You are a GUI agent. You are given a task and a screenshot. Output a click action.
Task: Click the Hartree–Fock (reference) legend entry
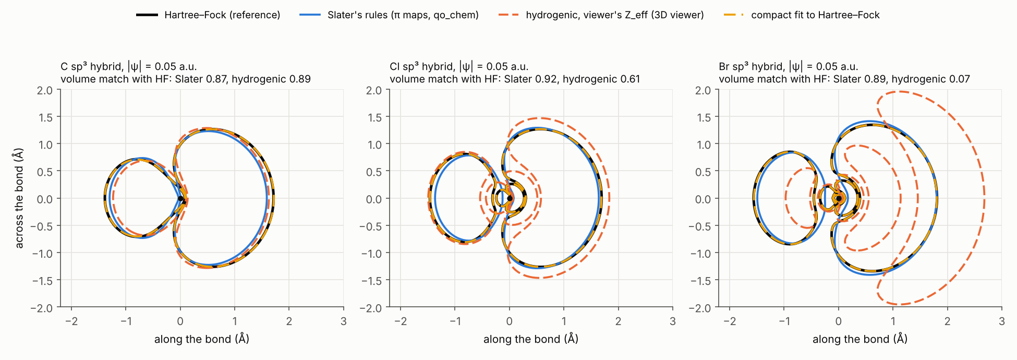click(208, 15)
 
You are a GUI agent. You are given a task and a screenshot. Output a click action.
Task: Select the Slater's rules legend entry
click(389, 15)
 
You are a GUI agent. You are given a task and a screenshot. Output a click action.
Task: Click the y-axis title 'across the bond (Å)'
click(19, 198)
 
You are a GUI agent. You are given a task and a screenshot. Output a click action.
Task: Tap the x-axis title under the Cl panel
click(531, 339)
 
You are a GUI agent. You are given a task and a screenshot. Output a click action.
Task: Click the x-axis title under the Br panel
click(860, 339)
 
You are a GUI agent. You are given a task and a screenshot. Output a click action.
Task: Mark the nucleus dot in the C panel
click(180, 198)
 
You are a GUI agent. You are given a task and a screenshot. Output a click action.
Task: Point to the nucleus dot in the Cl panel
click(510, 198)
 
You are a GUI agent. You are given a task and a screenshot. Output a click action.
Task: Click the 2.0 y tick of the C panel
click(45, 90)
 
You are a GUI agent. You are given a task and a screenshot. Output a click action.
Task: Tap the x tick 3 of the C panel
click(343, 321)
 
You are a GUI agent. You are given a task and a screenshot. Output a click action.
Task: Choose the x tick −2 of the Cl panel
click(401, 321)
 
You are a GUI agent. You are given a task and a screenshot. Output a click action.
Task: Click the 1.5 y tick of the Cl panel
click(374, 117)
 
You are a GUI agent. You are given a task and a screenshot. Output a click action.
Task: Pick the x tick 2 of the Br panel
click(947, 321)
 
